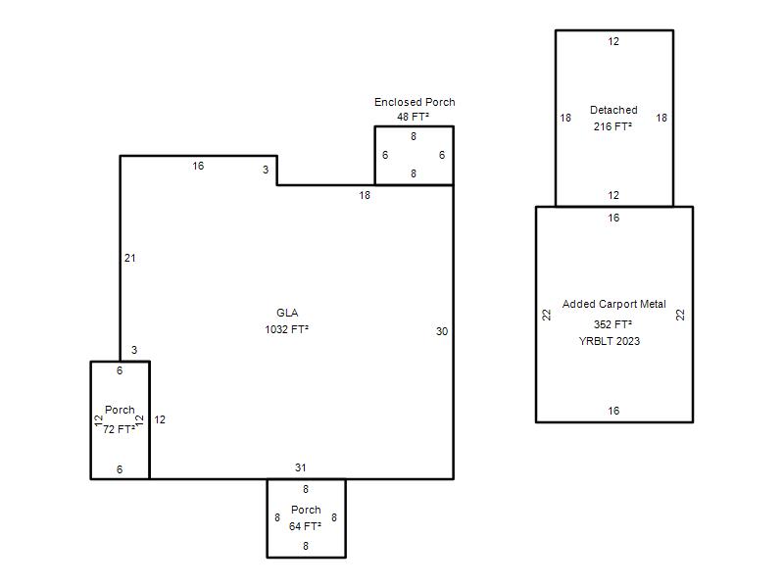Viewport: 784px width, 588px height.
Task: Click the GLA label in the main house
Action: point(287,313)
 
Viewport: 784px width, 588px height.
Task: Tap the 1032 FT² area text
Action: point(286,329)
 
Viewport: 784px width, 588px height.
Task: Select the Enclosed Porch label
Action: point(415,102)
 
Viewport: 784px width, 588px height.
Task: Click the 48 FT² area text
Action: point(413,117)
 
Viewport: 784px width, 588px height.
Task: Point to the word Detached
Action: point(613,110)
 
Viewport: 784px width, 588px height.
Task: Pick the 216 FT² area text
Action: point(612,126)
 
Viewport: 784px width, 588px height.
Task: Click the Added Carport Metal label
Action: point(614,304)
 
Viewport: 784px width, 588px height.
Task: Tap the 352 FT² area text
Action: point(612,324)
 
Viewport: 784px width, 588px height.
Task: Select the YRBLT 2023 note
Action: point(609,341)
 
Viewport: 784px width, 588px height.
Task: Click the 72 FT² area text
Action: point(119,429)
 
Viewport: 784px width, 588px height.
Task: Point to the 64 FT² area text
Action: point(305,526)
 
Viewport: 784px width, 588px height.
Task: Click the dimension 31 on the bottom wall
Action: point(300,467)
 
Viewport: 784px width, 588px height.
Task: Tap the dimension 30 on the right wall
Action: point(442,331)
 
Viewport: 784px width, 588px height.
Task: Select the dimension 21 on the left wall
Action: point(130,258)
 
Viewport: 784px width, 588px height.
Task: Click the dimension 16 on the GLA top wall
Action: point(198,166)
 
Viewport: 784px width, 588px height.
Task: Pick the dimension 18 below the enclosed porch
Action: point(365,195)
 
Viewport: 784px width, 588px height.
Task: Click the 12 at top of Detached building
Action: point(613,41)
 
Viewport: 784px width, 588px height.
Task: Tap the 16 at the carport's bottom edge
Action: point(613,411)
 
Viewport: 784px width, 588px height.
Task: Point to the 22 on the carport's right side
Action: point(680,315)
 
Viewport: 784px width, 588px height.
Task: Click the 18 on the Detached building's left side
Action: point(565,118)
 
